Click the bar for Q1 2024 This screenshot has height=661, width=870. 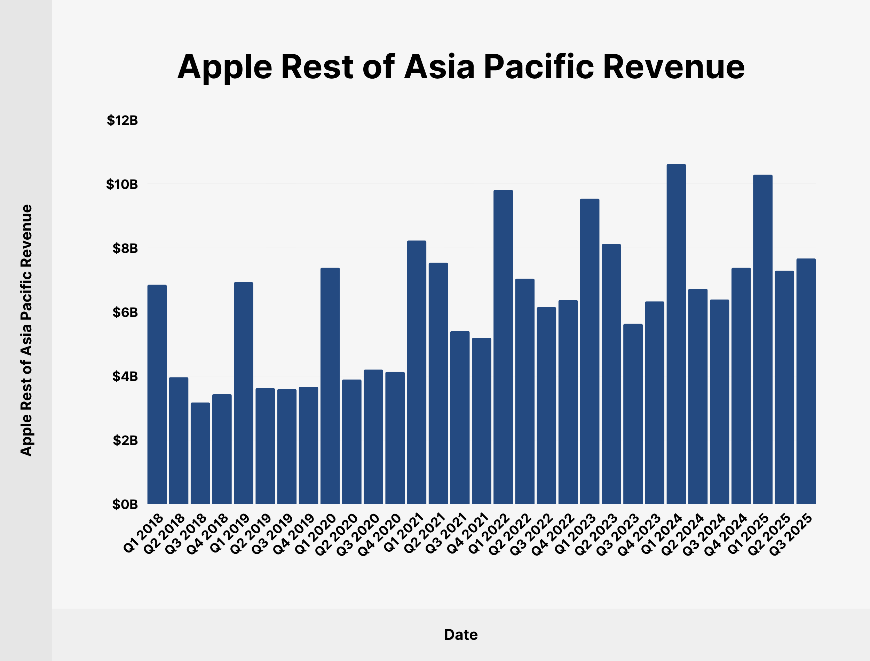(676, 334)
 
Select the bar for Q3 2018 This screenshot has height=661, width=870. (200, 453)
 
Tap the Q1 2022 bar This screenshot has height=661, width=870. (503, 347)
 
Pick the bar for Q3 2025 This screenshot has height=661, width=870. (806, 381)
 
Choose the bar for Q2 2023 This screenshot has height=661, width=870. (611, 374)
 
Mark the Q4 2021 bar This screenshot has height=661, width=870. (481, 421)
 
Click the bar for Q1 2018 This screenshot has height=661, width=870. (157, 394)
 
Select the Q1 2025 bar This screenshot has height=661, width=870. (762, 339)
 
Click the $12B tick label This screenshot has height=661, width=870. (122, 120)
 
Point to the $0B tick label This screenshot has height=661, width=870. (125, 504)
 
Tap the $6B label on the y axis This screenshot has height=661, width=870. (125, 312)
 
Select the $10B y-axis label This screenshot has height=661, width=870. (122, 184)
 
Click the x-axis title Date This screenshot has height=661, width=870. (461, 635)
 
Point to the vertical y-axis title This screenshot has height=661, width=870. (26, 330)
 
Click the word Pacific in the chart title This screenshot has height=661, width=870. (539, 67)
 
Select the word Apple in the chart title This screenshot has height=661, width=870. (225, 67)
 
